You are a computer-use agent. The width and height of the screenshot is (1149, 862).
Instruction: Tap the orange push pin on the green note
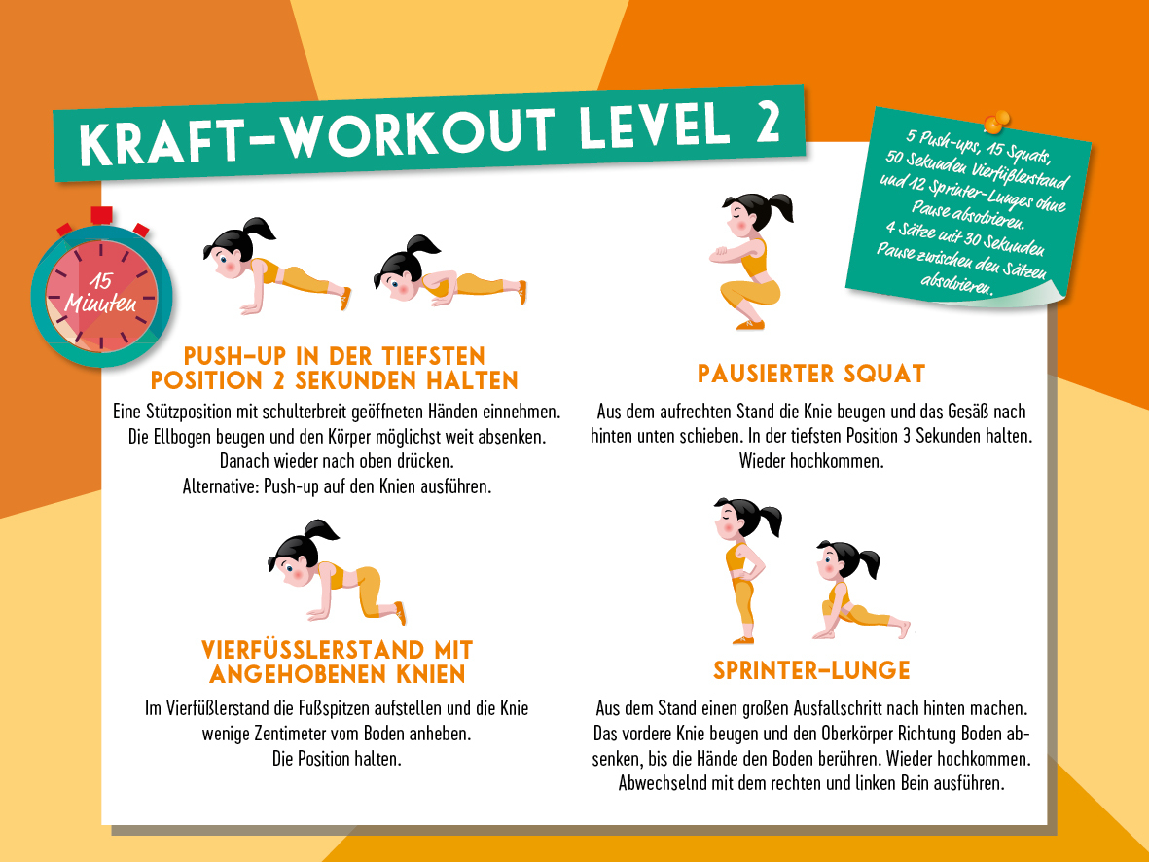click(x=996, y=122)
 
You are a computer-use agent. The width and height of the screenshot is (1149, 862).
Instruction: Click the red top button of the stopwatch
click(x=101, y=215)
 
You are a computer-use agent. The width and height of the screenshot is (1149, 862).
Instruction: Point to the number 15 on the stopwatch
click(x=100, y=281)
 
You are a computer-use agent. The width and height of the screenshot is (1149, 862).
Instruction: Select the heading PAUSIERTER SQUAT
click(x=811, y=374)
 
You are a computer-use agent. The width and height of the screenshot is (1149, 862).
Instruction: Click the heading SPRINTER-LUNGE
click(x=811, y=670)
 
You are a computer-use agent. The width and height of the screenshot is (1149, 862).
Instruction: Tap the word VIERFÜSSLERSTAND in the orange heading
click(x=313, y=650)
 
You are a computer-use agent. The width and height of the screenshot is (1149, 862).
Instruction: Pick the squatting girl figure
click(x=749, y=260)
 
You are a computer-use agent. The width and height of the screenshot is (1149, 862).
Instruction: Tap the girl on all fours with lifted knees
click(x=337, y=571)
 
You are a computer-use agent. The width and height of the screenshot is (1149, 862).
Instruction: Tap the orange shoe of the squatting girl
click(x=750, y=324)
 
